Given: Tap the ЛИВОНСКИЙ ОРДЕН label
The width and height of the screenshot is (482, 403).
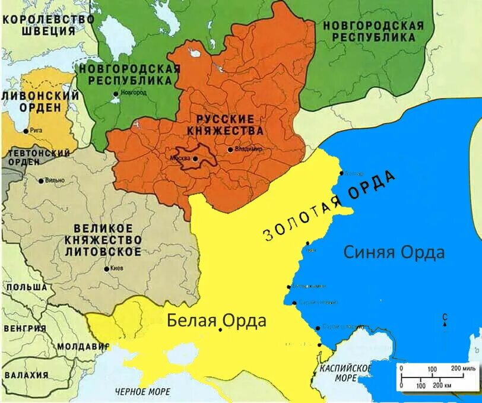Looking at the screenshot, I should pyautogui.click(x=40, y=101).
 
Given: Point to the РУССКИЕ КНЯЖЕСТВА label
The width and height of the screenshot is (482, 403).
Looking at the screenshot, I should pyautogui.click(x=225, y=125).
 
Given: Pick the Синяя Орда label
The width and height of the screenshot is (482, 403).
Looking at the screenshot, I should pyautogui.click(x=394, y=252).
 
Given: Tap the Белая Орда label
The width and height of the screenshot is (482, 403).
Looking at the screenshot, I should pyautogui.click(x=216, y=321).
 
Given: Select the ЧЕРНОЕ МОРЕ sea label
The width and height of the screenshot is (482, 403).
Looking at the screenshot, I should pyautogui.click(x=142, y=392).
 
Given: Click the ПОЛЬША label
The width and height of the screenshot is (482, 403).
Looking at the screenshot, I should pyautogui.click(x=25, y=287).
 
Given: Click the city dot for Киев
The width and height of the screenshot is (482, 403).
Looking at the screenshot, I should pyautogui.click(x=106, y=269).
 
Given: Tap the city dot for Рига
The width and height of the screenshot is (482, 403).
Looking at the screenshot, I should pyautogui.click(x=26, y=131).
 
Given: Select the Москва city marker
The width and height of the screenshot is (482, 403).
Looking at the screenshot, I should pyautogui.click(x=195, y=158).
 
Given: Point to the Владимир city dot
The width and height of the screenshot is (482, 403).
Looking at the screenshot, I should pyautogui.click(x=230, y=150).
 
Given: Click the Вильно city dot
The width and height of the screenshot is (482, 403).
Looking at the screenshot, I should pyautogui.click(x=41, y=180).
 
